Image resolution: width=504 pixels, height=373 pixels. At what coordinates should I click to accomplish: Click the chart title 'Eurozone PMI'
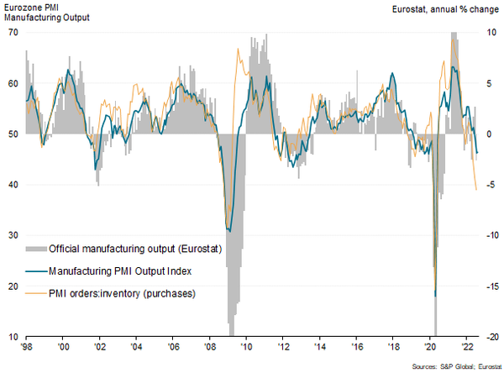tap(29, 7)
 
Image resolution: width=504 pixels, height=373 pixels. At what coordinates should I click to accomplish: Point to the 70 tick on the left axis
tap(13, 32)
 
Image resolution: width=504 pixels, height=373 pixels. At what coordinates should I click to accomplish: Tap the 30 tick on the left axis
tap(13, 235)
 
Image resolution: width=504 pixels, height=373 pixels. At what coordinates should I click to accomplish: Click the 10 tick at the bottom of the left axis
tap(13, 337)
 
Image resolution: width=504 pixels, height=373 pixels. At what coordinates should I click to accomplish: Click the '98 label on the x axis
tap(28, 346)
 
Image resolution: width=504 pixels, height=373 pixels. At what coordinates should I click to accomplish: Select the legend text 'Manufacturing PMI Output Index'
tap(122, 271)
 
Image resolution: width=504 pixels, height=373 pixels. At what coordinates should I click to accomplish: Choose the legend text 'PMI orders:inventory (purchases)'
tap(123, 293)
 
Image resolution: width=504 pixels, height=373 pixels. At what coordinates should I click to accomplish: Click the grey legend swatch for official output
tap(36, 249)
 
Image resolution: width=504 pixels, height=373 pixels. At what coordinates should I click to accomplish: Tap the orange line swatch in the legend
tap(36, 293)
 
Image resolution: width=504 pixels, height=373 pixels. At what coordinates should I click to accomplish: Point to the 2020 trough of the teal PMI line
tap(435, 295)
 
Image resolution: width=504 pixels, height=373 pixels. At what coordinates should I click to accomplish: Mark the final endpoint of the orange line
tap(477, 190)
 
